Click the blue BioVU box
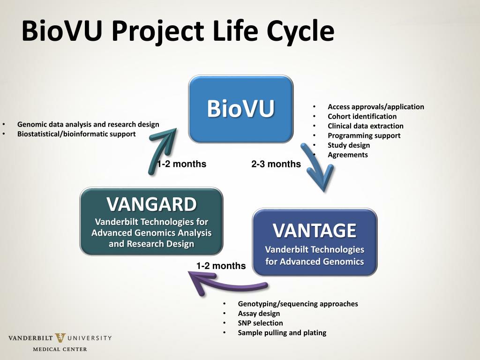[x=240, y=109]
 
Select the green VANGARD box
[x=151, y=221]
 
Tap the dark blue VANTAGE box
[x=315, y=242]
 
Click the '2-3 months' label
[x=276, y=164]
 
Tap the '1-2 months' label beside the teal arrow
[x=182, y=164]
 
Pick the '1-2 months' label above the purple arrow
[x=221, y=266]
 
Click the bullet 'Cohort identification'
[x=362, y=116]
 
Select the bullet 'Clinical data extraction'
[x=365, y=126]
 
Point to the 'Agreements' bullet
[x=347, y=155]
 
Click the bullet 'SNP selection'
[x=260, y=323]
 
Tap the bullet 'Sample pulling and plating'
[x=282, y=333]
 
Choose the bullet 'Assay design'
[x=259, y=313]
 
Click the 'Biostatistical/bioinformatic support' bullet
[x=76, y=134]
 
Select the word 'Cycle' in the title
[x=300, y=31]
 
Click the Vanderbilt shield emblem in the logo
[x=60, y=338]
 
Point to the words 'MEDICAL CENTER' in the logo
[x=60, y=349]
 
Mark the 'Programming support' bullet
[x=364, y=135]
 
